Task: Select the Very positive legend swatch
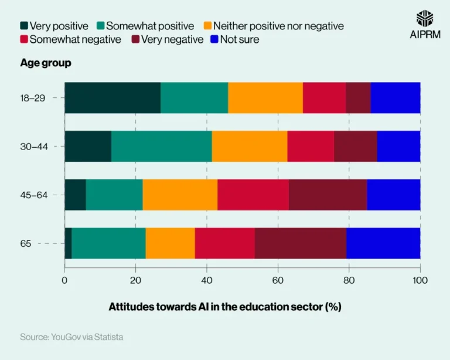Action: point(24,26)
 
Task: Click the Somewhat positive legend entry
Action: point(144,26)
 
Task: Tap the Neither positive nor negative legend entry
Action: point(273,26)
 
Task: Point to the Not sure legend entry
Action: point(234,40)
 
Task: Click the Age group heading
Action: point(46,63)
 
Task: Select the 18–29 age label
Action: point(33,98)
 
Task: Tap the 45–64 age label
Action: point(33,194)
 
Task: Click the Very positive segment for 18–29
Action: point(112,98)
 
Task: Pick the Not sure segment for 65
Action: point(383,243)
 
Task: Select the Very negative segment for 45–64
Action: point(328,194)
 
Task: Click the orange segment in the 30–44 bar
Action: point(250,146)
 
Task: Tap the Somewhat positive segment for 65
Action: point(108,243)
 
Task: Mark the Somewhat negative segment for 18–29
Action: point(324,98)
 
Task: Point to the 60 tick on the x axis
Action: point(278,280)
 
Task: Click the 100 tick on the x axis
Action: point(420,280)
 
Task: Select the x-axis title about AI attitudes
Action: point(224,307)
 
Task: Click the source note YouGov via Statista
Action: point(71,337)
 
